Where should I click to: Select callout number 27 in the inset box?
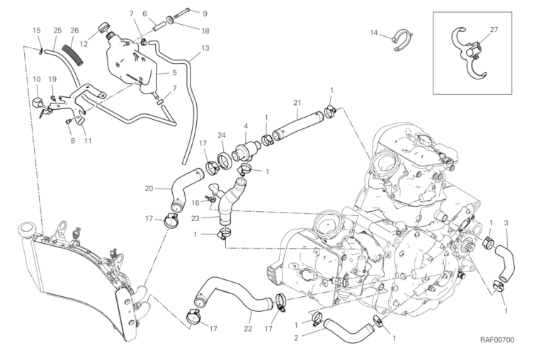click(x=494, y=30)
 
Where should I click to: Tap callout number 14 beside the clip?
click(x=374, y=32)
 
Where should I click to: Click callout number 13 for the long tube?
click(x=205, y=48)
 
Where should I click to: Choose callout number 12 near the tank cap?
click(x=84, y=44)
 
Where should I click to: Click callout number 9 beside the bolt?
click(x=205, y=13)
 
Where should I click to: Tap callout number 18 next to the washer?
click(x=205, y=30)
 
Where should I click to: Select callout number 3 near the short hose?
click(x=506, y=224)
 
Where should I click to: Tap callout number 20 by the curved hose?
click(x=149, y=189)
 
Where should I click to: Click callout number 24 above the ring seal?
click(x=222, y=135)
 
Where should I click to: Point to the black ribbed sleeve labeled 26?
click(x=71, y=53)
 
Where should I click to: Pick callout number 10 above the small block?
click(x=35, y=79)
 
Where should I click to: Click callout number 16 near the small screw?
click(x=194, y=202)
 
